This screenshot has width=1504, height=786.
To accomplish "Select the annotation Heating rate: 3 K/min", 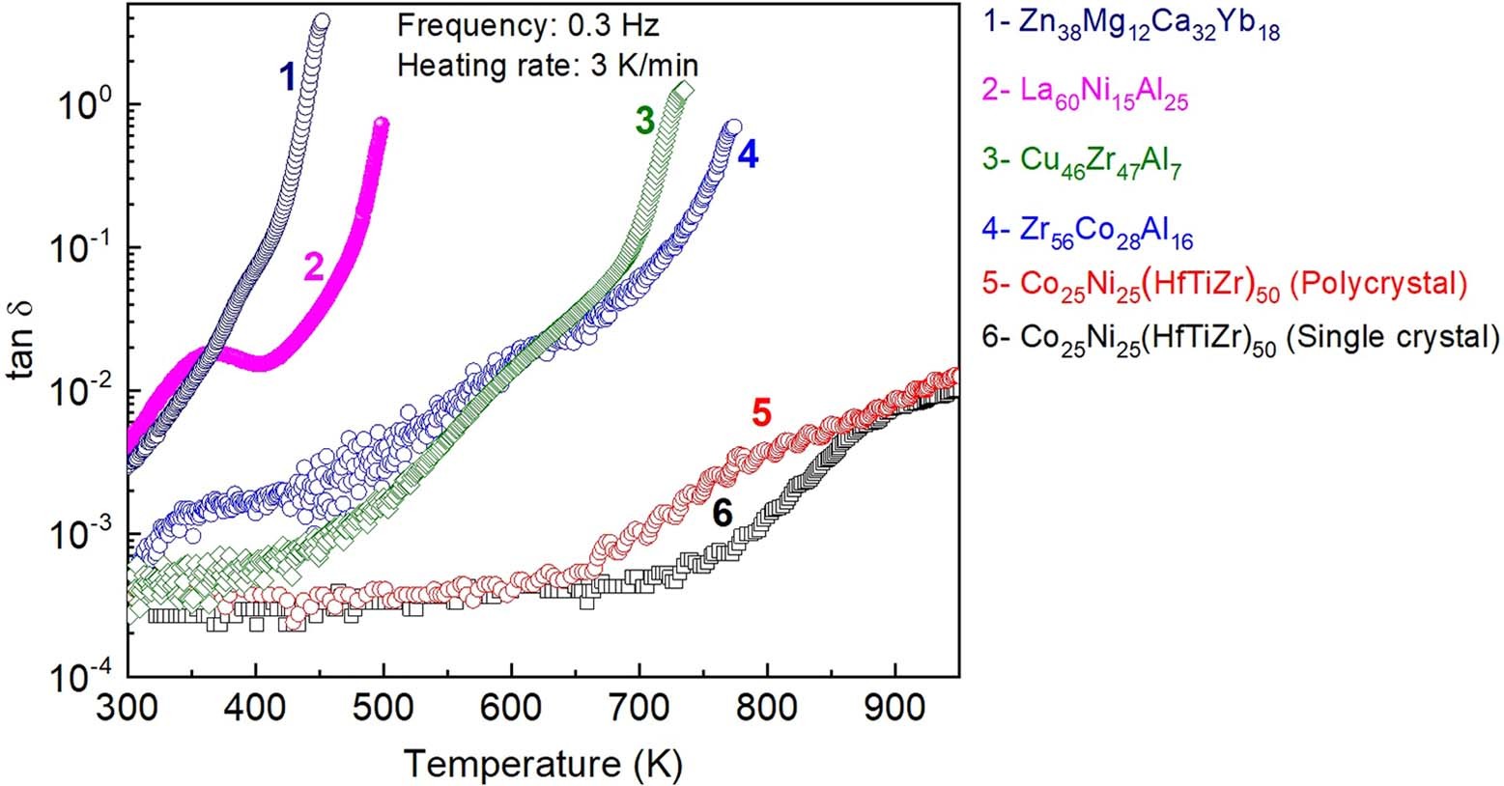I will point(547,66).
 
